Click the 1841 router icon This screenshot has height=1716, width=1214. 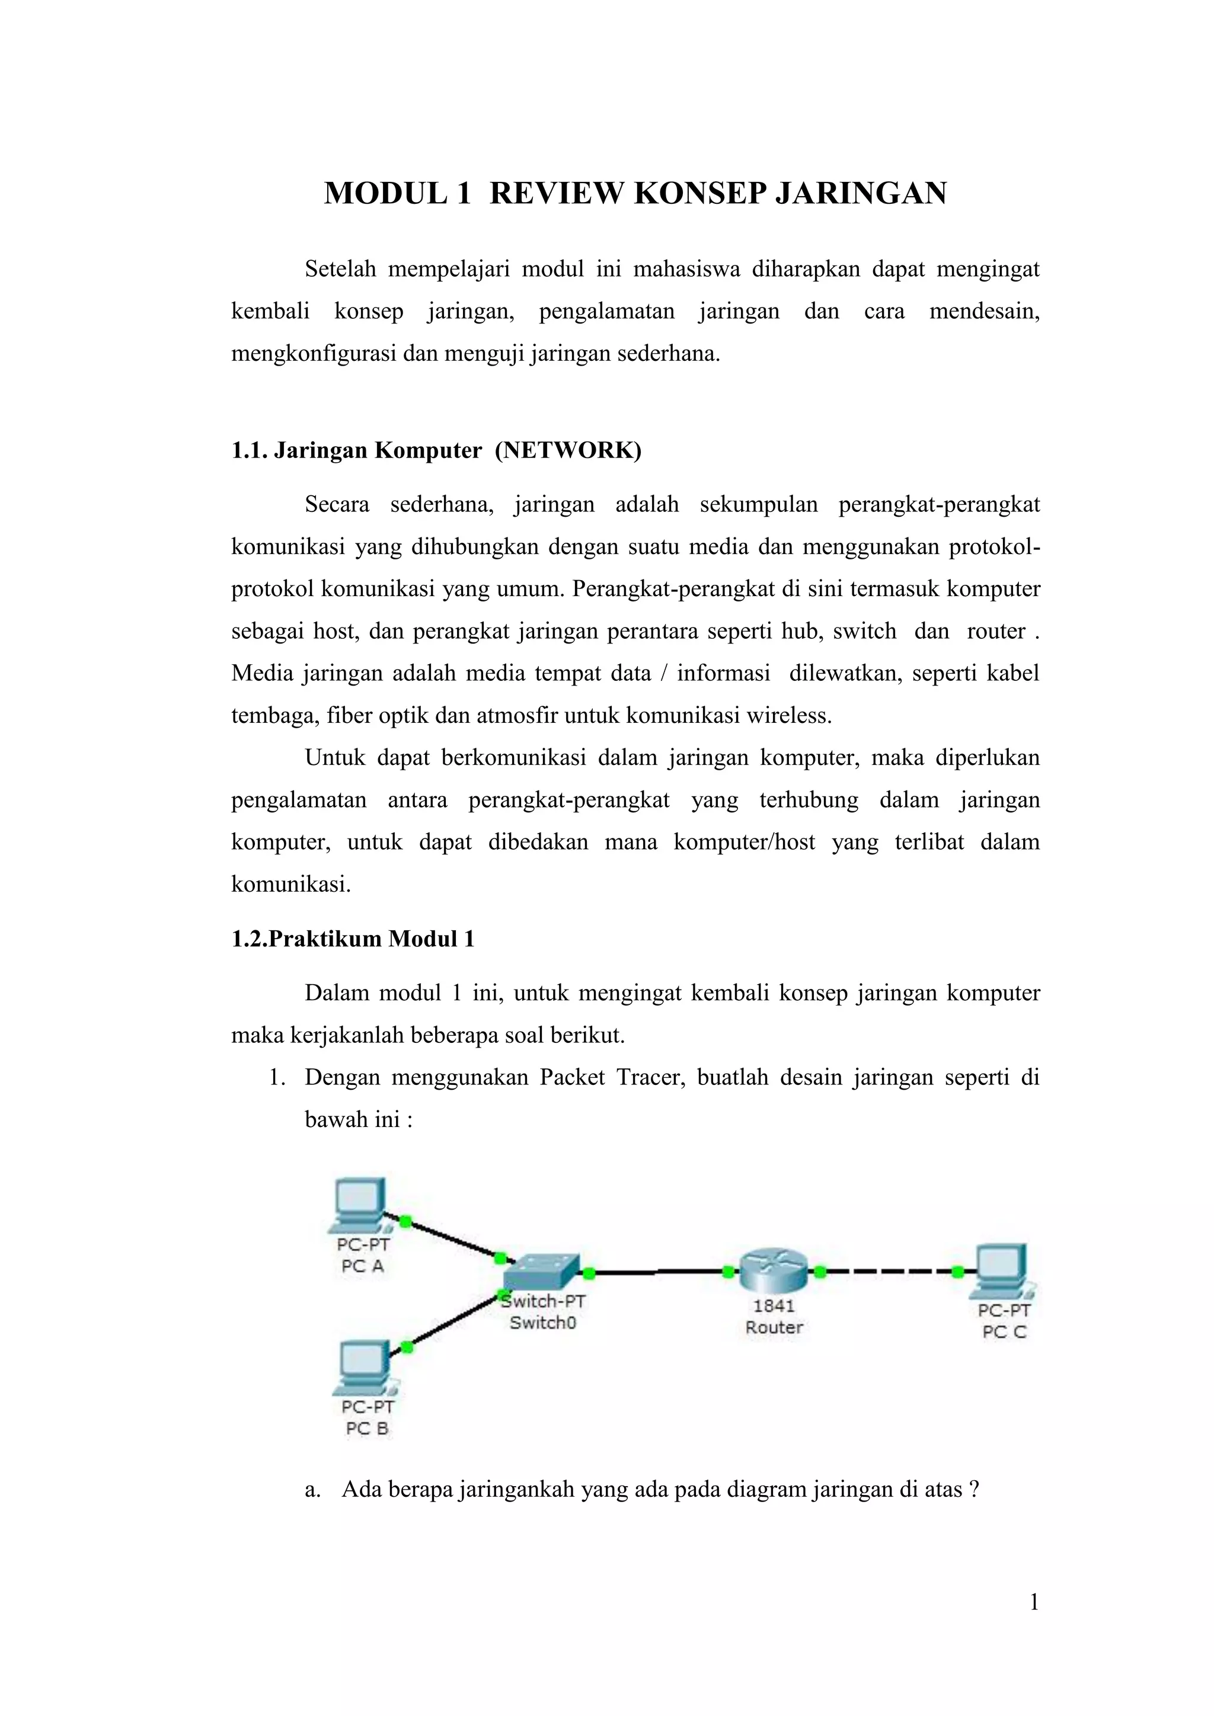(x=774, y=1270)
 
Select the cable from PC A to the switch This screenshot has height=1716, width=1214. (x=452, y=1239)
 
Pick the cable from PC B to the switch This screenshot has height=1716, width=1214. (x=452, y=1321)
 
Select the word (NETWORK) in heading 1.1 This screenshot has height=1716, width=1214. (x=568, y=451)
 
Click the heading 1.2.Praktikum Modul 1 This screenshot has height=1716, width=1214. (x=353, y=939)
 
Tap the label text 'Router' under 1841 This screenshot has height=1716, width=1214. (x=774, y=1327)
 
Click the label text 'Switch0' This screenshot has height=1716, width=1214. (x=543, y=1323)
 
